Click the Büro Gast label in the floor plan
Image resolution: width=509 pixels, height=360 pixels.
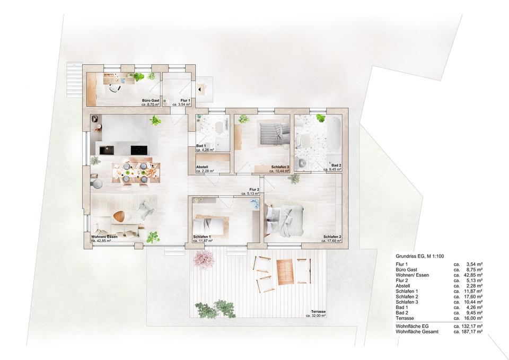(x=151, y=100)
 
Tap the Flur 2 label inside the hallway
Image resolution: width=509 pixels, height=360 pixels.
(x=254, y=190)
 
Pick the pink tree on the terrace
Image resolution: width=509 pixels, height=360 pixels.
(x=204, y=259)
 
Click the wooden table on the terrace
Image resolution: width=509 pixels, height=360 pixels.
(x=285, y=272)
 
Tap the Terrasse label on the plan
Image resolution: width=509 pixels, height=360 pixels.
(x=319, y=311)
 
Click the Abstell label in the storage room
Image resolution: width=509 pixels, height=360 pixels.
(x=203, y=167)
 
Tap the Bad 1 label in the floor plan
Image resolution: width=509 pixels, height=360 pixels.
(x=200, y=146)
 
